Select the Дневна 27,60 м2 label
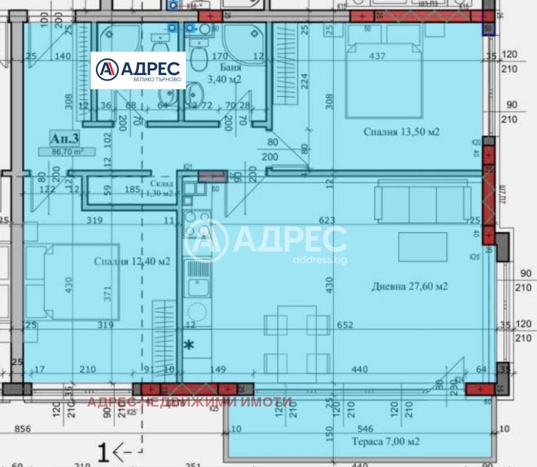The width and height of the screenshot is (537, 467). click(409, 287)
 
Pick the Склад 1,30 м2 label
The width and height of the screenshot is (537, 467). click(162, 188)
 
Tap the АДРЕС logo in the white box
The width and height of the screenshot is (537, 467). click(138, 70)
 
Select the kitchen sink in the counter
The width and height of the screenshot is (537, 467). click(197, 287)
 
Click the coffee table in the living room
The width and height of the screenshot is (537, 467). click(422, 246)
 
